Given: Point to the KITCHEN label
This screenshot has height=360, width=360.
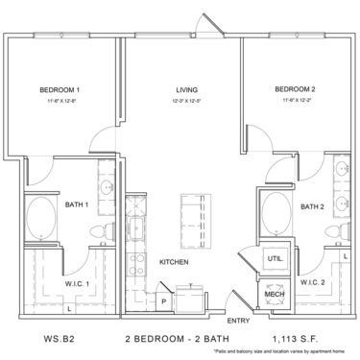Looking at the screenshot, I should coord(173,261).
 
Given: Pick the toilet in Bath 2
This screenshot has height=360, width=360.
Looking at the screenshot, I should coord(331,231).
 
